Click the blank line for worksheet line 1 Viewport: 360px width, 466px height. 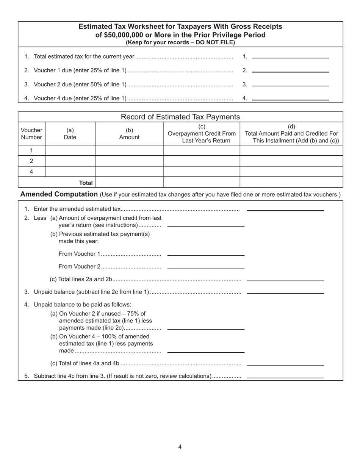pyautogui.click(x=290, y=56)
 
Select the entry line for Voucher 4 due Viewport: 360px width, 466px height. pyautogui.click(x=290, y=98)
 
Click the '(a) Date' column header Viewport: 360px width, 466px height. pyautogui.click(x=70, y=134)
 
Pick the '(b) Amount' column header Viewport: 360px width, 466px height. pyautogui.click(x=129, y=134)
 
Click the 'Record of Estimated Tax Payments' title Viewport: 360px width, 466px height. pyautogui.click(x=180, y=117)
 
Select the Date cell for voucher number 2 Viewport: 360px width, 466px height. pyautogui.click(x=70, y=161)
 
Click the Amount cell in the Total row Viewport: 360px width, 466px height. pyautogui.click(x=129, y=183)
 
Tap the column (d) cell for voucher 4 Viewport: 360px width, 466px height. pyautogui.click(x=291, y=172)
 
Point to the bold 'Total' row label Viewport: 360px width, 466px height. pyautogui.click(x=86, y=183)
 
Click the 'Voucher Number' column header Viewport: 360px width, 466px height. pyautogui.click(x=31, y=134)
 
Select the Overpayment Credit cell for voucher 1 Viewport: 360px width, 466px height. pyautogui.click(x=202, y=150)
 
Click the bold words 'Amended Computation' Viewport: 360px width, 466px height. pyautogui.click(x=59, y=194)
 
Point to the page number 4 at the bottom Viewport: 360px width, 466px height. pyautogui.click(x=180, y=447)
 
